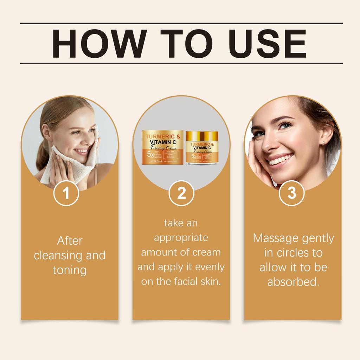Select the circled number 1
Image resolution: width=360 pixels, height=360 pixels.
tap(66, 193)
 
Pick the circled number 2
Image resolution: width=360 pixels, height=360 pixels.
tap(181, 193)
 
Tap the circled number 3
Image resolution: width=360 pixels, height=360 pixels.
tap(291, 193)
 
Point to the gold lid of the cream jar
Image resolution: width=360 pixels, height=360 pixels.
tap(202, 135)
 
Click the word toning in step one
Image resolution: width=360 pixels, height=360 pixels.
tap(70, 270)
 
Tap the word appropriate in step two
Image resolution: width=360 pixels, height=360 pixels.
tap(181, 238)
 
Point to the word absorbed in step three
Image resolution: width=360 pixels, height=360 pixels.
tap(293, 282)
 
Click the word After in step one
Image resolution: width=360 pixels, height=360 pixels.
tap(70, 241)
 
